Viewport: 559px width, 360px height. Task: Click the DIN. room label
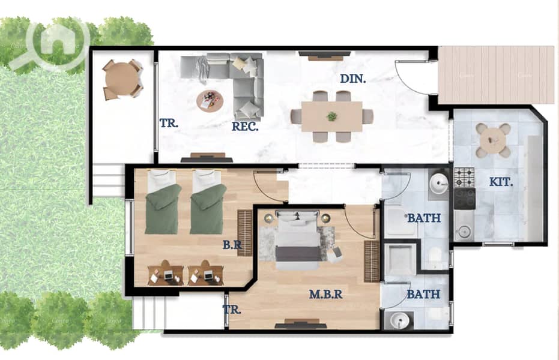[353, 79]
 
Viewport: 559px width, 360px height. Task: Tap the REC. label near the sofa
[245, 127]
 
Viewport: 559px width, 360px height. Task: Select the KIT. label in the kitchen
[501, 182]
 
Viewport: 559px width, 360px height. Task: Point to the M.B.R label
[326, 294]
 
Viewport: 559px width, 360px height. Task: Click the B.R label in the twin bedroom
[232, 245]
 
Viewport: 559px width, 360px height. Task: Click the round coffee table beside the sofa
[210, 101]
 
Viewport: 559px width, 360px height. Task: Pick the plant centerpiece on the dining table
[332, 116]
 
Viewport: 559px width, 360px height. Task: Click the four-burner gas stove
[465, 178]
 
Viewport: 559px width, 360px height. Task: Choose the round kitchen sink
[464, 232]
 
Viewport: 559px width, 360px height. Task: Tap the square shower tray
[400, 259]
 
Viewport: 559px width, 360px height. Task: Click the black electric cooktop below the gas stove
[465, 199]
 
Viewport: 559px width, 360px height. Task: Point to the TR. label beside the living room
[169, 123]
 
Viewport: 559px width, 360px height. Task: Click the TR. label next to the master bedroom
[232, 310]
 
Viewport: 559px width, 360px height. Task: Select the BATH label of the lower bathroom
[423, 294]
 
